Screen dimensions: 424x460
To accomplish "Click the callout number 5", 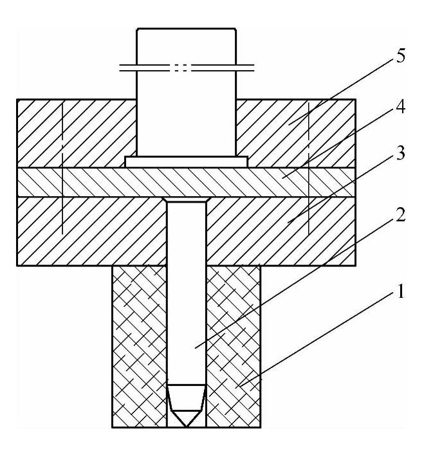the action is (x=400, y=57).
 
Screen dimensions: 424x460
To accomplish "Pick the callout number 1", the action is (x=400, y=293).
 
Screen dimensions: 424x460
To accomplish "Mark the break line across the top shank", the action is (x=187, y=66).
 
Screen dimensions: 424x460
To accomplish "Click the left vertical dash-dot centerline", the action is (x=62, y=167).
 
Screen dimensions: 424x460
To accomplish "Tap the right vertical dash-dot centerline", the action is (x=309, y=167).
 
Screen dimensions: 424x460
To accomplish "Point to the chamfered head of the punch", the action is (x=187, y=201).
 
